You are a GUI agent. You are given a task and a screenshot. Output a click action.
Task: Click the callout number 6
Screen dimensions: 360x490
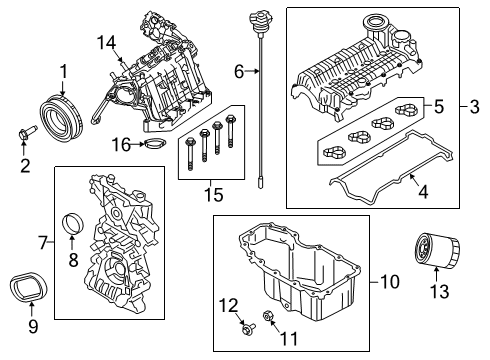point(239,71)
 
